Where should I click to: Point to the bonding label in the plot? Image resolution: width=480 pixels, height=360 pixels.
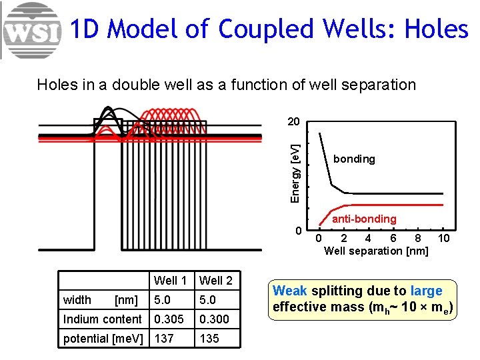coord(354,159)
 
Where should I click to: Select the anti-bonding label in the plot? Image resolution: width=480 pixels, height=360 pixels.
coord(364,219)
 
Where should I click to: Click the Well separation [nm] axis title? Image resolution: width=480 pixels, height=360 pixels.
coord(376,251)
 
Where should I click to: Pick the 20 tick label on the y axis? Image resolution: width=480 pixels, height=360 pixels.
coord(293,122)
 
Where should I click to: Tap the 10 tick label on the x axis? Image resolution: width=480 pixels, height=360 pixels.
coord(443,239)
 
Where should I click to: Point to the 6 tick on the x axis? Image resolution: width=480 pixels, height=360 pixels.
coord(393,239)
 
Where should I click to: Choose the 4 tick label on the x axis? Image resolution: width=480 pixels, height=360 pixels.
coord(368,239)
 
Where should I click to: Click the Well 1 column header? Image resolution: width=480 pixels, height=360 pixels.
coord(170,281)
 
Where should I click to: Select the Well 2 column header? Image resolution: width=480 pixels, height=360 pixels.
coord(216,281)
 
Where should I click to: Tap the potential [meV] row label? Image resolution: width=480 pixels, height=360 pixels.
coord(103,339)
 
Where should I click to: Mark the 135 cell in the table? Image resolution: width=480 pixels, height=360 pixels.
coord(209,339)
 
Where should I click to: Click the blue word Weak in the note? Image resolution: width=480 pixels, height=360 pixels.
coord(290,291)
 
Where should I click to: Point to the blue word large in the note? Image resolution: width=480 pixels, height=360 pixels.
coord(427,291)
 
